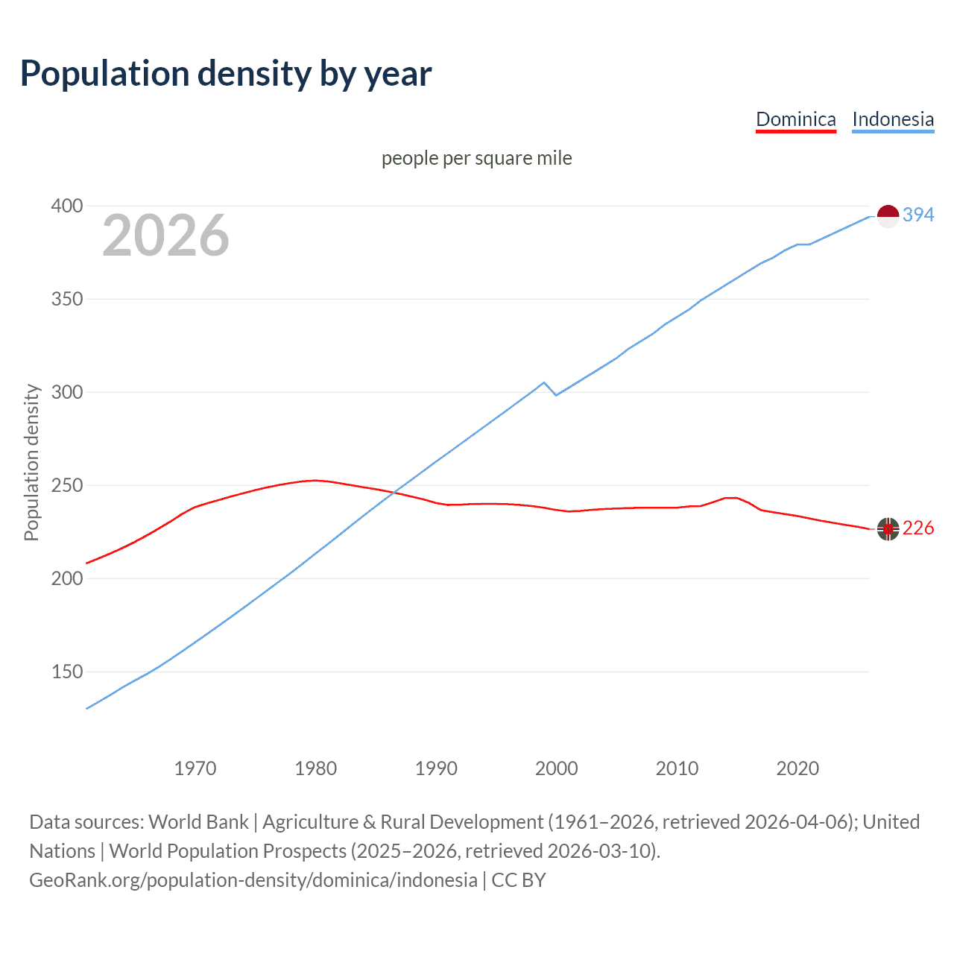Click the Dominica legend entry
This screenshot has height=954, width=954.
pos(795,119)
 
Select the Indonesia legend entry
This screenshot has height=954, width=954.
pos(892,119)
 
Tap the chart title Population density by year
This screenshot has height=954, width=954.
pos(226,74)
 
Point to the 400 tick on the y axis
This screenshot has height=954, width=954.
pos(66,206)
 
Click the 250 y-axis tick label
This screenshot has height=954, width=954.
pos(66,485)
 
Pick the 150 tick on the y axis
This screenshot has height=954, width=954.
pos(66,672)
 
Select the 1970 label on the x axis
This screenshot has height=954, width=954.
pos(195,768)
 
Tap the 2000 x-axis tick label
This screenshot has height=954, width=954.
pos(556,768)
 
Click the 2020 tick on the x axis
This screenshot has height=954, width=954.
pos(797,768)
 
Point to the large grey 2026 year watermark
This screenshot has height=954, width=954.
pos(165,236)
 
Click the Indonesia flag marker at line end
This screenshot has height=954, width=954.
pos(888,216)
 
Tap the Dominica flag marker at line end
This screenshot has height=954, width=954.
pos(888,528)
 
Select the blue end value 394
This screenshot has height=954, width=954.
pos(918,215)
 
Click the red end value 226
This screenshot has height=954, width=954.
pos(918,528)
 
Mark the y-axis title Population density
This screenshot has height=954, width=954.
pos(31,462)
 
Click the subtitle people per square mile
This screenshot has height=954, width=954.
pos(477,158)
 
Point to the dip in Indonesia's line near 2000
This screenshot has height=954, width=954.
pos(556,394)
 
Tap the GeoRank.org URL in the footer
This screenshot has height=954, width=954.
pos(253,880)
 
